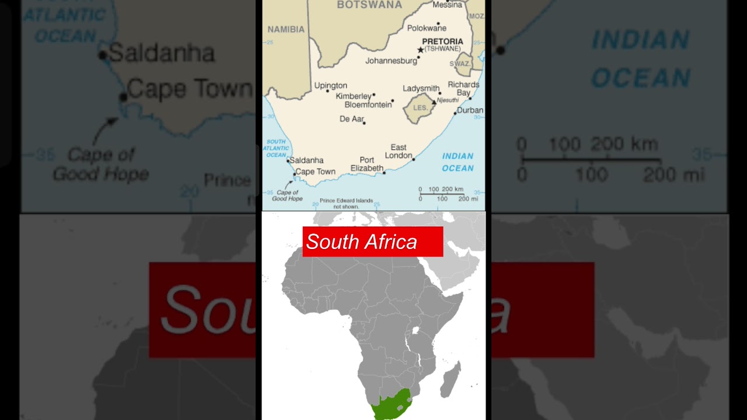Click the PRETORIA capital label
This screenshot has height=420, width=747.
coord(442,41)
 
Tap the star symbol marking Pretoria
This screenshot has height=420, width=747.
coord(420,50)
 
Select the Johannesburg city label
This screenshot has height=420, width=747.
coord(391,61)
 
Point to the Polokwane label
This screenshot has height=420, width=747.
coord(427,28)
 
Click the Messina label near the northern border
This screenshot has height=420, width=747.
coord(447,5)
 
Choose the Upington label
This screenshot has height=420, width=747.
coord(330,86)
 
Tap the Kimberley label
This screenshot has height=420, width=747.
coord(354,96)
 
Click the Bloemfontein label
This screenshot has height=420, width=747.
coord(368,105)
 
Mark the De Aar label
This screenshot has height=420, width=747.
coord(351,119)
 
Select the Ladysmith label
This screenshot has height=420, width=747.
coord(421,89)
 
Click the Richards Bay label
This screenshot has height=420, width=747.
coord(463,89)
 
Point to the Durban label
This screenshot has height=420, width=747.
coord(470,110)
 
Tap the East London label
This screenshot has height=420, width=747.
coord(399,152)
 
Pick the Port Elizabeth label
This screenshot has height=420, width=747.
coord(366,164)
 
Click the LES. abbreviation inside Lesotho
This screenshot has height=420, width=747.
coord(420,108)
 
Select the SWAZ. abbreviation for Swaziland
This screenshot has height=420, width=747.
coord(460,64)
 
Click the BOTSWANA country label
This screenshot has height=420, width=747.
coord(369,5)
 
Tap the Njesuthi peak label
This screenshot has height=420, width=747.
coord(448,100)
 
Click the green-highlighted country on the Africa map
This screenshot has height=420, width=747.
coord(390,407)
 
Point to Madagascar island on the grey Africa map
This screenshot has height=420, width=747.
coord(451,379)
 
